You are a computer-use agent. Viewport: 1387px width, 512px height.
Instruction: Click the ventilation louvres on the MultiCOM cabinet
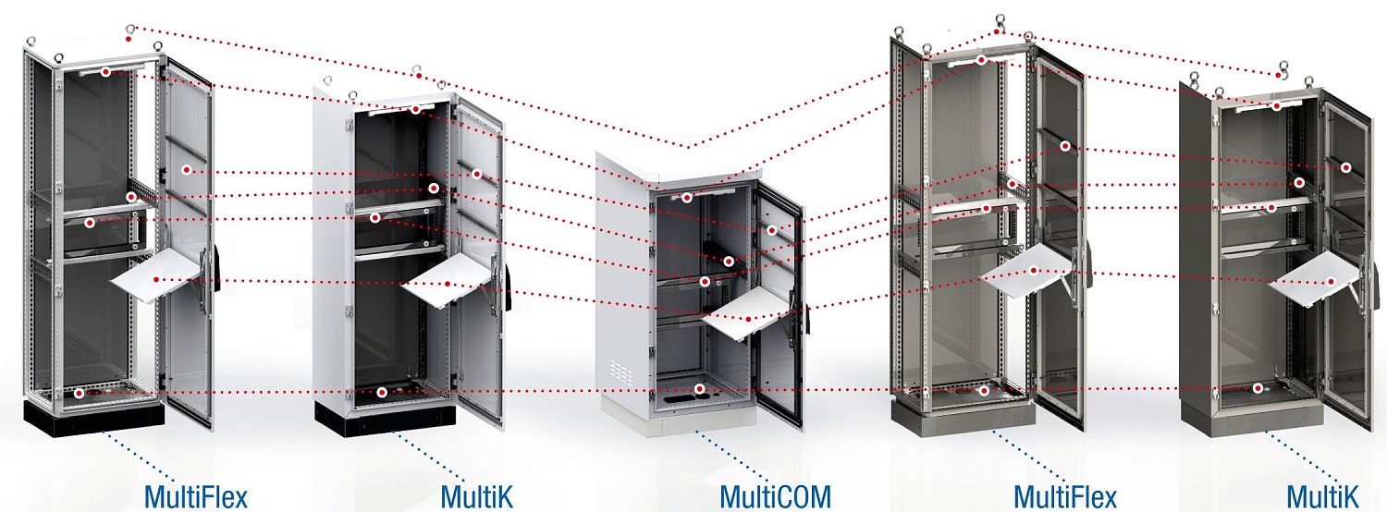pyautogui.click(x=620, y=371)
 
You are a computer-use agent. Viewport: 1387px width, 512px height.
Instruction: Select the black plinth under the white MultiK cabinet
pyautogui.click(x=384, y=418)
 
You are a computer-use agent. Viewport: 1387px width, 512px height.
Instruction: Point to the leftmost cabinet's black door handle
pyautogui.click(x=218, y=269)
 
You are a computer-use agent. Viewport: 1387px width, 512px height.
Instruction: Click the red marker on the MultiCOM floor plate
pyautogui.click(x=700, y=389)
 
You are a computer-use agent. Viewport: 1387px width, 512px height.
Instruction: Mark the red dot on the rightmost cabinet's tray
pyautogui.click(x=1332, y=282)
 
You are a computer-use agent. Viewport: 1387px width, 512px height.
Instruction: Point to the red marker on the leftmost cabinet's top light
pyautogui.click(x=106, y=72)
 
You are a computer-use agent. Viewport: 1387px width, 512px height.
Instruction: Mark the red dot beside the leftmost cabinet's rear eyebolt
pyautogui.click(x=129, y=39)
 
